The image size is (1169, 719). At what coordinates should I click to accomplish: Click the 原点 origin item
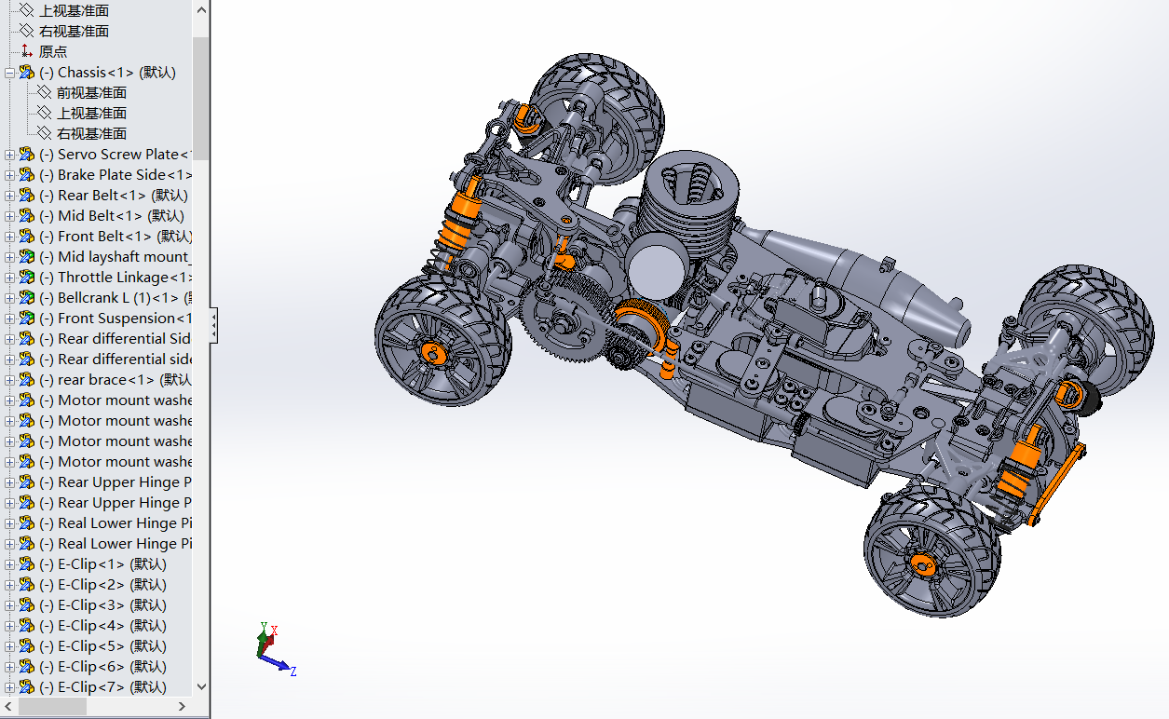(52, 52)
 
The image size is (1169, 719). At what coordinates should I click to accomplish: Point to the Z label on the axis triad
(292, 671)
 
